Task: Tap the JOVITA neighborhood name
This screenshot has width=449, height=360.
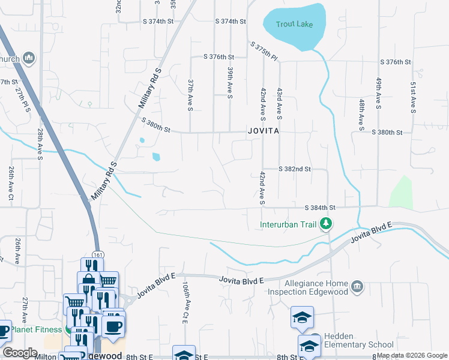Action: point(263,131)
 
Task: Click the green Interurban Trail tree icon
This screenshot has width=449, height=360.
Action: point(326,224)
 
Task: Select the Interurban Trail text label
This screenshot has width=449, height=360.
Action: point(288,225)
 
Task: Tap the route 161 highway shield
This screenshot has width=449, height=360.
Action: point(97,255)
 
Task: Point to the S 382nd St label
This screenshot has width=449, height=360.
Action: point(294,169)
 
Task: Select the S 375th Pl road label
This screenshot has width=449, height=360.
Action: point(264,50)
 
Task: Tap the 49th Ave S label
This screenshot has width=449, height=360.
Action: point(379,93)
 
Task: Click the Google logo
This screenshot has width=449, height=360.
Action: point(20,353)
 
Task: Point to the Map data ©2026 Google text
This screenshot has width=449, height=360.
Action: point(412,355)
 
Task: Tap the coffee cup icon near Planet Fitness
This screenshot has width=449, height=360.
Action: point(113,326)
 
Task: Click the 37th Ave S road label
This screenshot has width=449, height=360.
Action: point(190,95)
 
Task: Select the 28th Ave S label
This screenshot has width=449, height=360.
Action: point(41,143)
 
